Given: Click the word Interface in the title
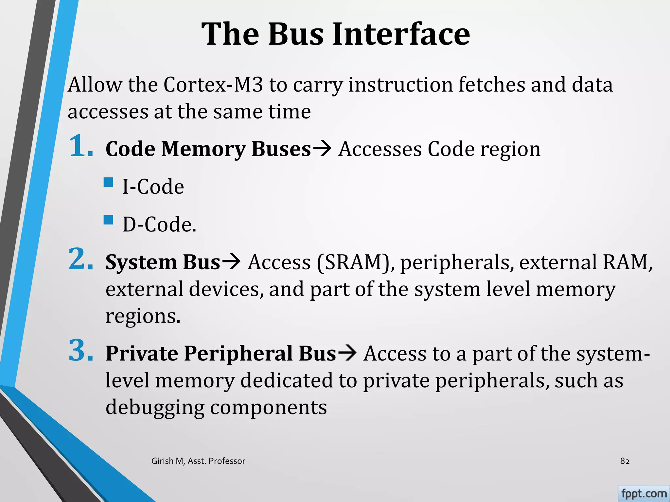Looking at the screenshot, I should [x=401, y=34].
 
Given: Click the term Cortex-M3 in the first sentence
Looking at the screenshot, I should [x=213, y=85].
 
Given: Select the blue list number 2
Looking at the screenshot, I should [x=81, y=259].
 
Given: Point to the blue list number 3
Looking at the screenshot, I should [x=81, y=351].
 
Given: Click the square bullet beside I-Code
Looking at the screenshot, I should [x=108, y=182].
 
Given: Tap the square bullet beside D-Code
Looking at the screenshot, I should [x=108, y=220].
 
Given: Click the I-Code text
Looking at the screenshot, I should [x=153, y=187].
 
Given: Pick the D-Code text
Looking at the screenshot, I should [x=159, y=225].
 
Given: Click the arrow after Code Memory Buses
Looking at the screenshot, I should [x=322, y=149].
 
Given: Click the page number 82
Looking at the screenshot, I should [x=625, y=461].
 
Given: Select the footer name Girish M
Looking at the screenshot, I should [x=168, y=461].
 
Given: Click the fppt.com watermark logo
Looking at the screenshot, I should [x=644, y=494].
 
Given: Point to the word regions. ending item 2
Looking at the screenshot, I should [x=143, y=316].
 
